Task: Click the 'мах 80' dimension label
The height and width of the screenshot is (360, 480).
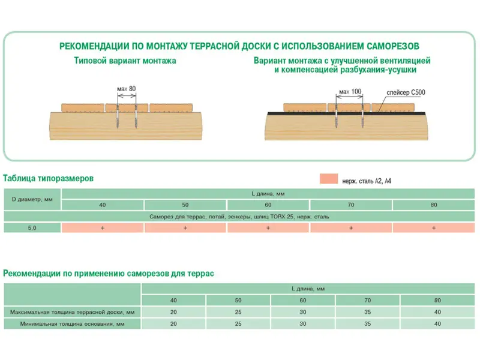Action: point(126,89)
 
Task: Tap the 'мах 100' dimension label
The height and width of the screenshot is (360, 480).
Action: point(350,92)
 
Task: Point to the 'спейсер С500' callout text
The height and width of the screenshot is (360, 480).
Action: point(406,92)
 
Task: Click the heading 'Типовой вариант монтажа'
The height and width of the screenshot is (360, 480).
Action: point(125,61)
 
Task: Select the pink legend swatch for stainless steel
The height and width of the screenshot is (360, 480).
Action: point(329,179)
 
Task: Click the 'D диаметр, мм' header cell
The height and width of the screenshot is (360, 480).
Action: point(32,199)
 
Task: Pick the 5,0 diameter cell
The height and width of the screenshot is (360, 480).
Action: point(32,228)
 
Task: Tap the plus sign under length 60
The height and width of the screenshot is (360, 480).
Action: point(268,228)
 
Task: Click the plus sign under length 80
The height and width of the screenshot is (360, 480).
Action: point(434,228)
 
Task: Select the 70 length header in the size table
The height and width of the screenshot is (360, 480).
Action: point(351,205)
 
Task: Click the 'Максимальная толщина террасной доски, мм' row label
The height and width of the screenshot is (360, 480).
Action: point(72,312)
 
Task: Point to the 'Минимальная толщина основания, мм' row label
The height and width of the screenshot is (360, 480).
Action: point(72,324)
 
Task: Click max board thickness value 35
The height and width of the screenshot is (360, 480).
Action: point(368,312)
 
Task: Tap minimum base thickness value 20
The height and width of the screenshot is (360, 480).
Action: point(173,323)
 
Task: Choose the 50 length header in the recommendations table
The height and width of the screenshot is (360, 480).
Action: point(238,301)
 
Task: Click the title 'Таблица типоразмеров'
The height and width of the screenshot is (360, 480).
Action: point(49,178)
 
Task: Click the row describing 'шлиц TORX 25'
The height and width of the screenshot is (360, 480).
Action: point(239,217)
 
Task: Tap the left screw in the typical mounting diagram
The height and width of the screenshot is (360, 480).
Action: point(118,116)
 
